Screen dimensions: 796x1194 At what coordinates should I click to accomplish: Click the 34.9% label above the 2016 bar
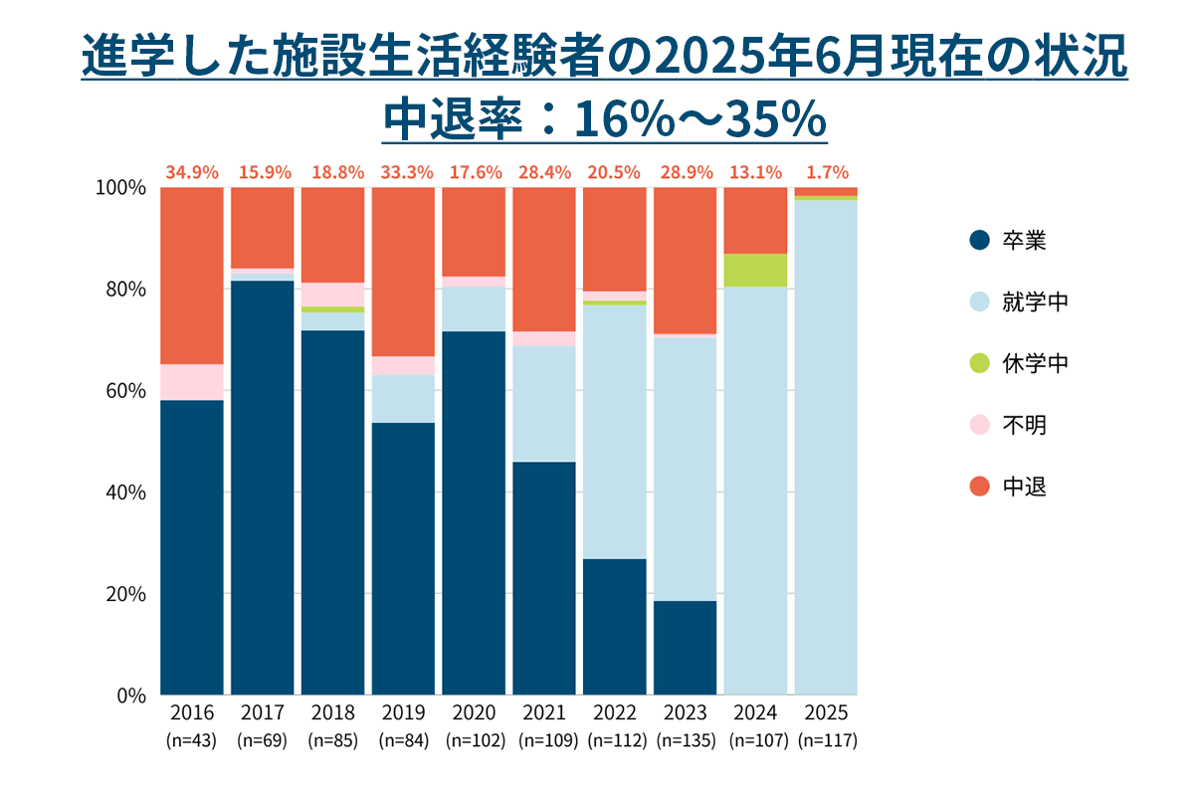191,172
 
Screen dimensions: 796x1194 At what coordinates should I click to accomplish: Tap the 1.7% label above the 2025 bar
826,172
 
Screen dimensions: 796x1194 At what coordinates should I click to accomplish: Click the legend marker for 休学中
980,364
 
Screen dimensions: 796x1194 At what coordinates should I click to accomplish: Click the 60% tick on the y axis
126,390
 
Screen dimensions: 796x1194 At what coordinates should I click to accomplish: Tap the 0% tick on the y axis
131,695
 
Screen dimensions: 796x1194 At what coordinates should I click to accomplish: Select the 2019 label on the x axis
403,713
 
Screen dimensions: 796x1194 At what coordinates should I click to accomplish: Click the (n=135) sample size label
685,741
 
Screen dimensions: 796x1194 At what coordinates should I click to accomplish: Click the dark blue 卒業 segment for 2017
263,488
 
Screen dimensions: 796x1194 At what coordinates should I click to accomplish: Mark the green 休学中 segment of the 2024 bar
755,270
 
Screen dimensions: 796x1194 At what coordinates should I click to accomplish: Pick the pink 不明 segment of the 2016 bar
191,382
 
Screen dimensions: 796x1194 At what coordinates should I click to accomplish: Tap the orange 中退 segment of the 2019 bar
403,271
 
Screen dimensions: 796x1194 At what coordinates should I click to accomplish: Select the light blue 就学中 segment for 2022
614,431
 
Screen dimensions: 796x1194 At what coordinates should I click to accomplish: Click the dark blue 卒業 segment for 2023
685,647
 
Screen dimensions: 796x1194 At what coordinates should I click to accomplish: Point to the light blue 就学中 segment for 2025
826,448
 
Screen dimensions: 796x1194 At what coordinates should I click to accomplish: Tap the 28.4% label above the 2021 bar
543,172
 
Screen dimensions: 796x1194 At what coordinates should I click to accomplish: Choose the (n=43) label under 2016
191,741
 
